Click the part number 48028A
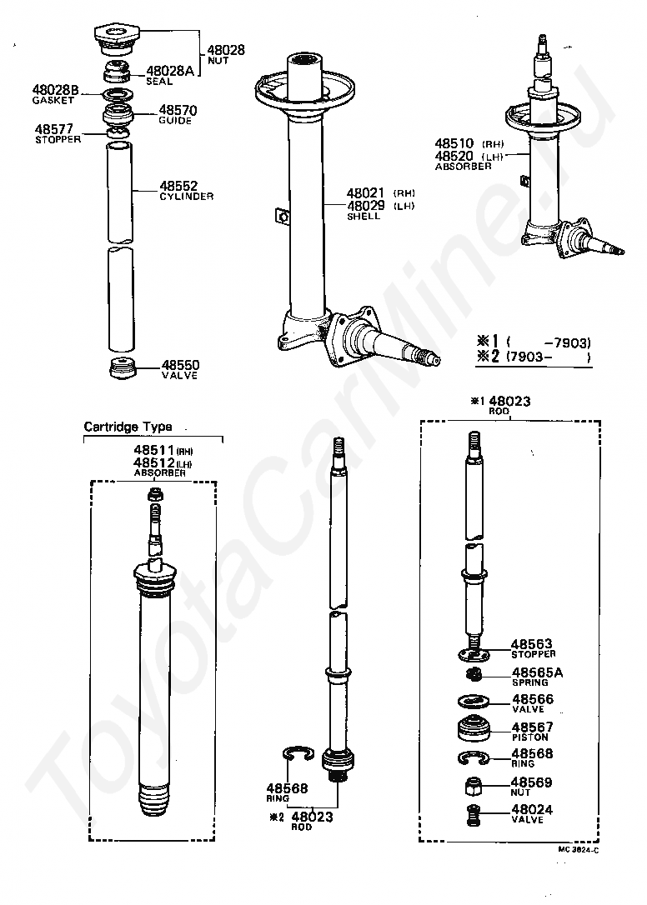point(169,71)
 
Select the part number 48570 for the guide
point(178,110)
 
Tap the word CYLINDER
point(186,197)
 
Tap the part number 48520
point(454,156)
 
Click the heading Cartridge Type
point(128,427)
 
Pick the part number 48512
point(153,462)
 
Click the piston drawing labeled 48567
point(479,729)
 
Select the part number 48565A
point(537,672)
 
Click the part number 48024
point(531,809)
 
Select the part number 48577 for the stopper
point(54,129)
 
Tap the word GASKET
point(53,100)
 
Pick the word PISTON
point(530,737)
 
